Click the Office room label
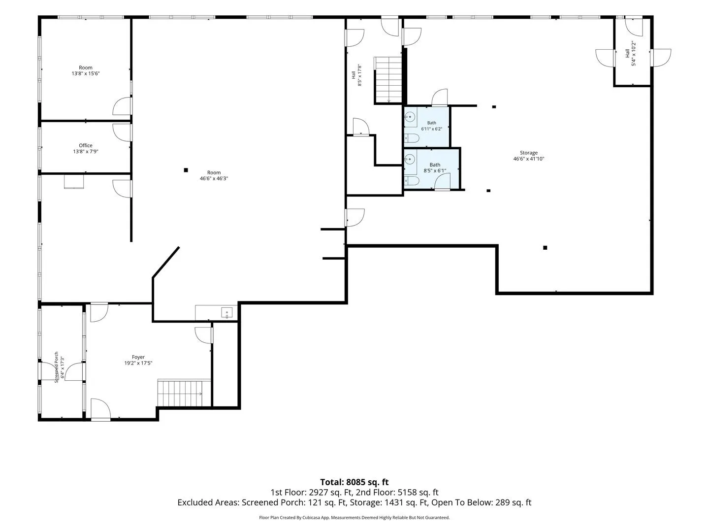[x=86, y=145]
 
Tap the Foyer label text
[x=138, y=357]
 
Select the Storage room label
[x=529, y=153]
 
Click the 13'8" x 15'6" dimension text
[x=86, y=74]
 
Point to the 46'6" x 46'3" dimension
[x=214, y=178]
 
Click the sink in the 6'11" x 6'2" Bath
[x=410, y=117]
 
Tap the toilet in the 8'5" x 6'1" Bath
[x=412, y=180]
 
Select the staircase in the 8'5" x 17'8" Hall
[x=388, y=80]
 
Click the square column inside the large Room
[x=186, y=170]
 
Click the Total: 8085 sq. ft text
[x=354, y=482]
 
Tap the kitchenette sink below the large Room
[x=226, y=313]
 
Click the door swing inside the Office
[x=122, y=133]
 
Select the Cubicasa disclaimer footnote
[x=354, y=517]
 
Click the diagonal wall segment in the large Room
[x=166, y=262]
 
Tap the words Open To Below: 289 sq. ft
[x=481, y=502]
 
